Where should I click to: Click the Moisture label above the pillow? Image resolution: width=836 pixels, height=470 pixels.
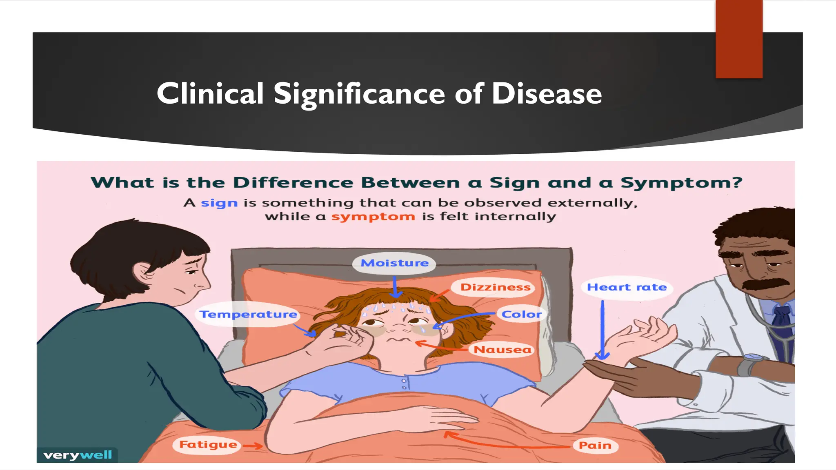(394, 263)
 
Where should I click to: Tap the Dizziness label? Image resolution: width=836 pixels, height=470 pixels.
(495, 287)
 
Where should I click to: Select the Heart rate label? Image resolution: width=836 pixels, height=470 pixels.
(627, 287)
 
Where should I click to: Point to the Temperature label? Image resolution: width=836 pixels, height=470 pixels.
(248, 314)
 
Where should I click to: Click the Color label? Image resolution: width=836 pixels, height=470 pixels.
(521, 314)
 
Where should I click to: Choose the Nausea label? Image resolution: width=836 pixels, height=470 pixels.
(502, 350)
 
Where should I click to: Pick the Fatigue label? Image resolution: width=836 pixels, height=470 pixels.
(208, 444)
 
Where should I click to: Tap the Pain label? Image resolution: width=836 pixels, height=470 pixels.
(595, 445)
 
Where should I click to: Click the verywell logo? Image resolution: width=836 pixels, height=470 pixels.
(78, 455)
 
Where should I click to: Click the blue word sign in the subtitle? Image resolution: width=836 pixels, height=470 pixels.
(219, 203)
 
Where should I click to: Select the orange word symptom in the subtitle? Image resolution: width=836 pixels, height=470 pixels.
(373, 216)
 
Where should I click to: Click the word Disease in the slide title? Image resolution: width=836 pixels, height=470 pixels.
(547, 94)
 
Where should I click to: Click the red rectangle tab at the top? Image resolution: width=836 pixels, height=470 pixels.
(739, 39)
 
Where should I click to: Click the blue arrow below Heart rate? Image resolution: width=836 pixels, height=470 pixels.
(602, 330)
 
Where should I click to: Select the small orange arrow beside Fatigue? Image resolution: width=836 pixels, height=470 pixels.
(253, 446)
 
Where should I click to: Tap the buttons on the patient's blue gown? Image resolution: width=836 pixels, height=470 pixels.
(404, 384)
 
